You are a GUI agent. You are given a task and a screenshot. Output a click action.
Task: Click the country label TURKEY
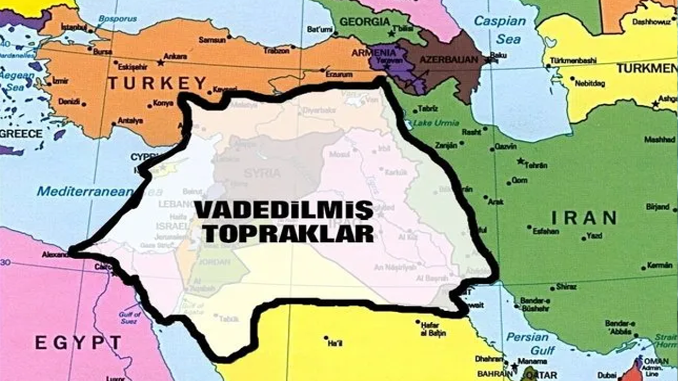157,83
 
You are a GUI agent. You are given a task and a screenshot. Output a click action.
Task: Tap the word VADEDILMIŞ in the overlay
283,210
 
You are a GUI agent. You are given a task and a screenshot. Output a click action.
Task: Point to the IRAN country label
584,217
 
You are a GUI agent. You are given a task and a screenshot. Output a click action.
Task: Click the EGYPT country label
78,342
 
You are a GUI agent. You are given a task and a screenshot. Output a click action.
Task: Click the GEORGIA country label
364,22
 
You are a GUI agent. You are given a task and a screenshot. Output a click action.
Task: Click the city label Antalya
130,121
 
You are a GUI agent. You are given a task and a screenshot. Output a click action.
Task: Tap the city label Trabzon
277,51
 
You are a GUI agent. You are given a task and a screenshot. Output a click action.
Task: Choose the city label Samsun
212,40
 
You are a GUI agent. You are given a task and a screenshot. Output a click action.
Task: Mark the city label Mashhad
659,140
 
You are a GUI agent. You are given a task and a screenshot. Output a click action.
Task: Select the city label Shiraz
566,287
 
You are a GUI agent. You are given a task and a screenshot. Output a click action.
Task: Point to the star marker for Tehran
521,160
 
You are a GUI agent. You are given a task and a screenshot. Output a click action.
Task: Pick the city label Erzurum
339,75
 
